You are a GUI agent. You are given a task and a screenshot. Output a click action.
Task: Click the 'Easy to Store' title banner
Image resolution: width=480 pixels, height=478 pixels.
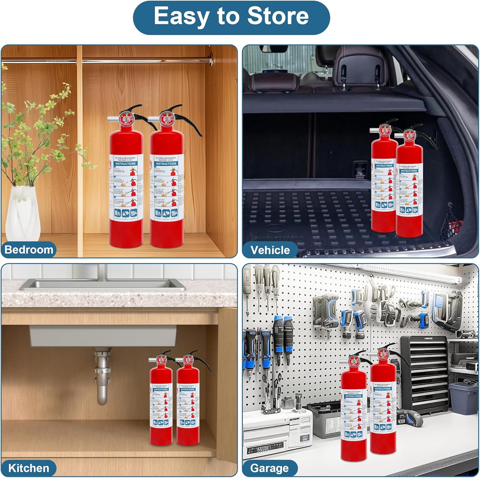231,17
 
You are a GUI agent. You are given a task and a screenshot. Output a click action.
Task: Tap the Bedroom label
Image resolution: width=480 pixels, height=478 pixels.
29,250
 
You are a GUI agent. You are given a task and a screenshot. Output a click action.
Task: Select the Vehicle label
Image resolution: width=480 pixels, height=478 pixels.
270,250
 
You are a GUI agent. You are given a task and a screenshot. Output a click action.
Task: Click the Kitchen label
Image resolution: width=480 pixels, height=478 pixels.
28,468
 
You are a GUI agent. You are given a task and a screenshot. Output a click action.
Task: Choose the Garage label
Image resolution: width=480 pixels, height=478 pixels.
269,468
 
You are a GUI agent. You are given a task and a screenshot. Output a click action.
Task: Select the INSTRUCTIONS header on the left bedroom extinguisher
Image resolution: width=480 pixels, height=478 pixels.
125,164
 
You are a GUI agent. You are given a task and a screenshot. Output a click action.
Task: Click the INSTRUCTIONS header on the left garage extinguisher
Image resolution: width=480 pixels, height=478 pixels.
353,396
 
